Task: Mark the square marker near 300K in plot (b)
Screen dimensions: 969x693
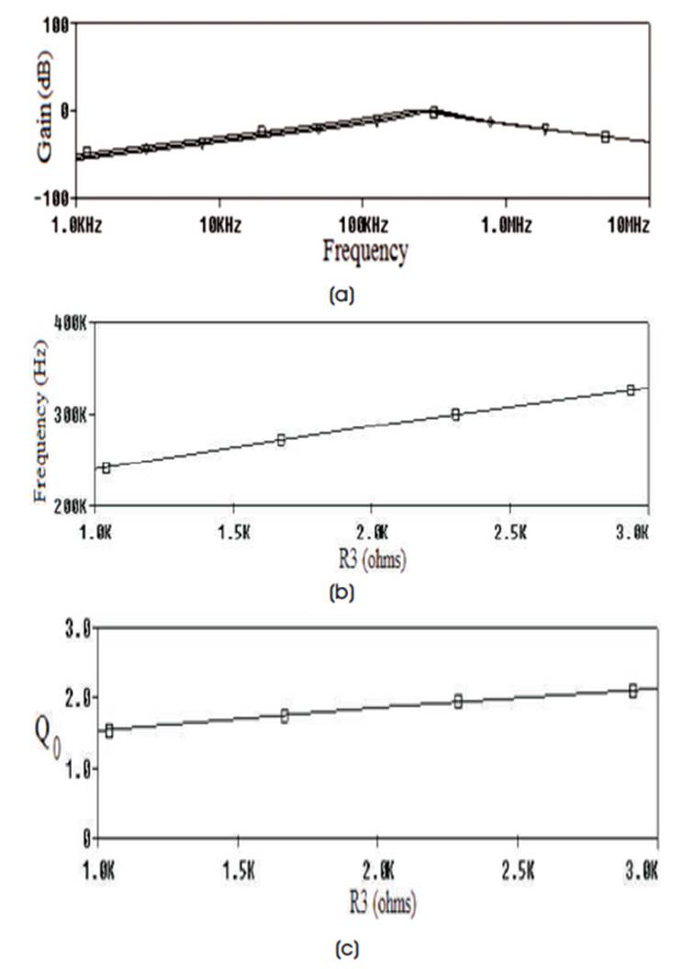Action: [455, 414]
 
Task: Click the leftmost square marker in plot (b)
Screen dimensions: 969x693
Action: [106, 468]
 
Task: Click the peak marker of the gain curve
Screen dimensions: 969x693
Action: [434, 111]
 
